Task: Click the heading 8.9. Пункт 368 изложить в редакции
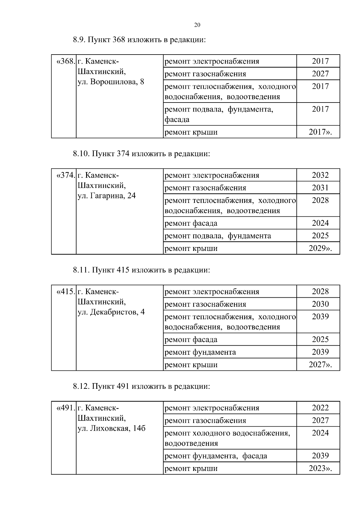click(x=139, y=40)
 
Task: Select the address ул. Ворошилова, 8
click(x=111, y=82)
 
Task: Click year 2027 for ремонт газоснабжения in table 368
click(x=320, y=74)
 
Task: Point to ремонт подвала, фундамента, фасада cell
click(x=219, y=114)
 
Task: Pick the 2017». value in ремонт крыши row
click(x=320, y=132)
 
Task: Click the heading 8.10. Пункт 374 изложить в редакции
click(x=141, y=154)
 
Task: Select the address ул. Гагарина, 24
click(x=106, y=196)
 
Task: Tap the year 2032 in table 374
click(x=320, y=175)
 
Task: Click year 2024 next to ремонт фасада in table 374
click(x=320, y=223)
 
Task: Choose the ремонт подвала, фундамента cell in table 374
click(x=218, y=236)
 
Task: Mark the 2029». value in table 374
click(x=320, y=249)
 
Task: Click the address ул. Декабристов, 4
click(x=111, y=312)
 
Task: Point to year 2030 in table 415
click(x=320, y=304)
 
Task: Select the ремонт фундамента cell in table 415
click(x=200, y=352)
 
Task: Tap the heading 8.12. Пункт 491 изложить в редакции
click(x=141, y=386)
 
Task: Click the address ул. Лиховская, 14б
click(x=111, y=428)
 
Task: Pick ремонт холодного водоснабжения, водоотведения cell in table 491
click(x=227, y=438)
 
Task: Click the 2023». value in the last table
click(x=320, y=469)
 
